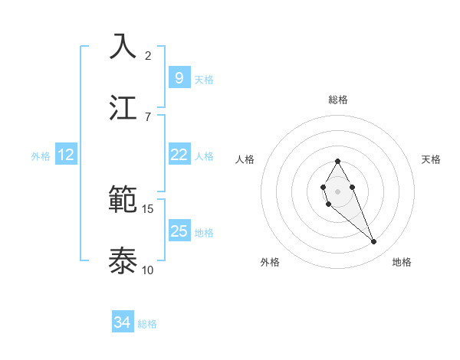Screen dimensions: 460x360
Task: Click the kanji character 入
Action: (x=123, y=46)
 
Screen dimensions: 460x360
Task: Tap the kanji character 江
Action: (x=123, y=107)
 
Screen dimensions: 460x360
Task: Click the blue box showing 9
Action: (x=179, y=78)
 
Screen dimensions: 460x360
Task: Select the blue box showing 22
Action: (x=179, y=155)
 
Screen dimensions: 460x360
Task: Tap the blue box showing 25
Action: (x=179, y=231)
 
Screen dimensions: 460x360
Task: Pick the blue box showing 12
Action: (x=66, y=155)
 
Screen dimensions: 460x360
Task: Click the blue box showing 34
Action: (x=122, y=323)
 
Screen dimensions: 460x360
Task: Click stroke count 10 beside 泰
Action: (x=148, y=270)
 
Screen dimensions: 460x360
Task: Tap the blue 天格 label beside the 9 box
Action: (x=204, y=79)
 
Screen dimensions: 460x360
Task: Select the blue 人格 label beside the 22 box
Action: (x=204, y=155)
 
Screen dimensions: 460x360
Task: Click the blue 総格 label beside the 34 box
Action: (x=147, y=324)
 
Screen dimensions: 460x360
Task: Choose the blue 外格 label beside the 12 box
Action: (x=41, y=155)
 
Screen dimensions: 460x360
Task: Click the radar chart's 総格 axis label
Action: (x=338, y=100)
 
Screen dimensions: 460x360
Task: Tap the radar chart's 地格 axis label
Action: (x=402, y=262)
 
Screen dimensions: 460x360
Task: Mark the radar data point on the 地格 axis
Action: (x=374, y=242)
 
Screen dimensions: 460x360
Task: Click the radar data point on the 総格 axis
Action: (x=337, y=161)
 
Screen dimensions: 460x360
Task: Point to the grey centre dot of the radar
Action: (x=337, y=190)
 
